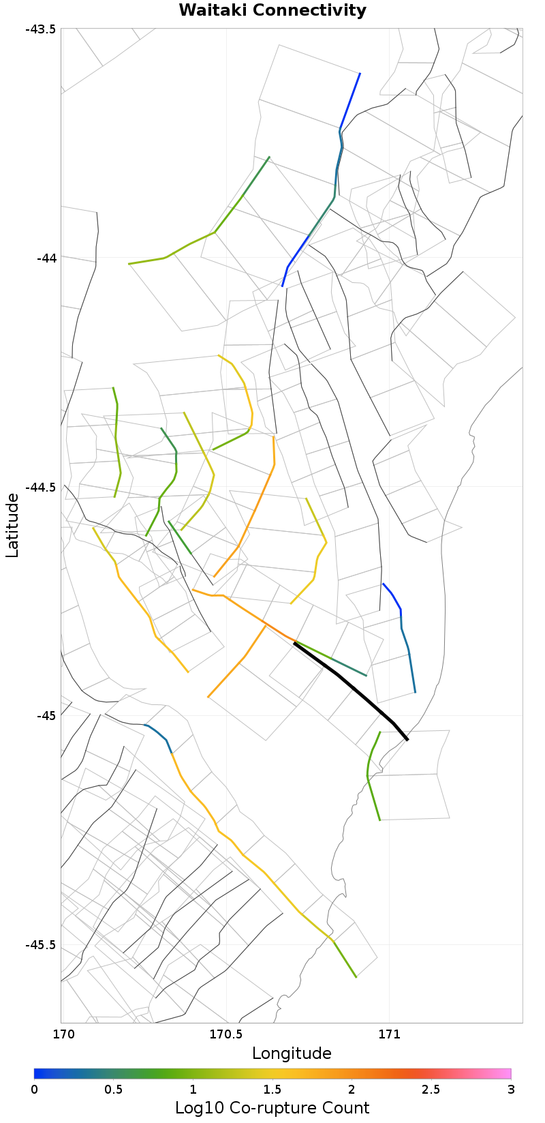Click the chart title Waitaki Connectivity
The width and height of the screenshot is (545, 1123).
[272, 11]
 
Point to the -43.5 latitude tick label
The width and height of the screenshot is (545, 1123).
[40, 29]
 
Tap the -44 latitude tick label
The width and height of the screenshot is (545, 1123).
[46, 258]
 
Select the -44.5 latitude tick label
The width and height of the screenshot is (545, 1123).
[40, 487]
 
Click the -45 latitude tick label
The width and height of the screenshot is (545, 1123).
[46, 716]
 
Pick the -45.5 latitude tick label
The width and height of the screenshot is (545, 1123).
[40, 945]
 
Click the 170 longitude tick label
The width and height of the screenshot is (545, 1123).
[61, 1034]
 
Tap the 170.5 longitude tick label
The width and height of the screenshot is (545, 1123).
[225, 1034]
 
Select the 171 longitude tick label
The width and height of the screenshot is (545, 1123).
[389, 1034]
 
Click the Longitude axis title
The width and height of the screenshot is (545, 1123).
[292, 1053]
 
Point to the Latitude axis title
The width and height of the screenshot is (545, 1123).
[12, 526]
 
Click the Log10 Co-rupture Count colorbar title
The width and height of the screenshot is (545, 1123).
[272, 1107]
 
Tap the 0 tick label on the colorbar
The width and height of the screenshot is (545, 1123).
[34, 1089]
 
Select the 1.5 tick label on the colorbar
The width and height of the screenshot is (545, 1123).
[272, 1089]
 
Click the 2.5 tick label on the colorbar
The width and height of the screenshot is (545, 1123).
[431, 1089]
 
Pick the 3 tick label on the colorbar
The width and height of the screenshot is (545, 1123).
[511, 1089]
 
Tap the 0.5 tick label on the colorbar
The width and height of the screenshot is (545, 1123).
[114, 1089]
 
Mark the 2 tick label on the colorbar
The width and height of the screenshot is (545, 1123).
[352, 1089]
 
